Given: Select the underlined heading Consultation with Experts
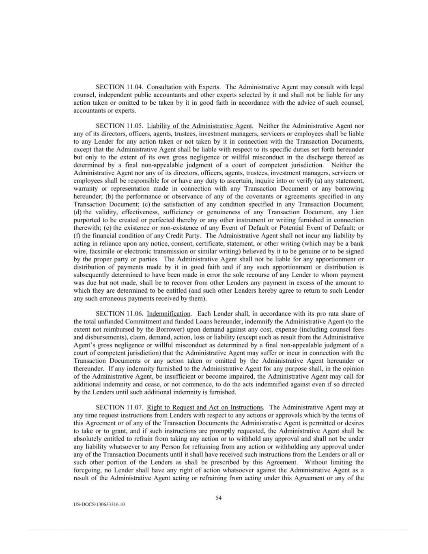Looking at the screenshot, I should point(183,87).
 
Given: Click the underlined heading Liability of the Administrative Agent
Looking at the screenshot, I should point(200,126).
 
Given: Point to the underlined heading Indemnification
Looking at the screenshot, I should point(168,314).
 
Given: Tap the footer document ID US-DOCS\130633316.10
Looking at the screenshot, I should point(99,504).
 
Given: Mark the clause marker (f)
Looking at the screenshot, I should point(77,236).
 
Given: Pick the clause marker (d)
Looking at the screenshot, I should point(77,212).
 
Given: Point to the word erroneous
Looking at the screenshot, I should point(104,299).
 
